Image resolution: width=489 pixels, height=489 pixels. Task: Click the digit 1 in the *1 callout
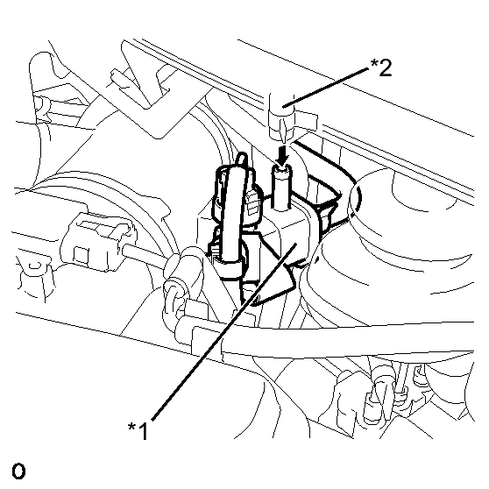click(143, 430)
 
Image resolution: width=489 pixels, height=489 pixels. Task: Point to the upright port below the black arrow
click(282, 188)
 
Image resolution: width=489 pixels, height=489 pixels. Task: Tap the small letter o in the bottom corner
click(18, 471)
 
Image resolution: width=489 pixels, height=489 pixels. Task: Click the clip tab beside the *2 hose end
click(306, 121)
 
